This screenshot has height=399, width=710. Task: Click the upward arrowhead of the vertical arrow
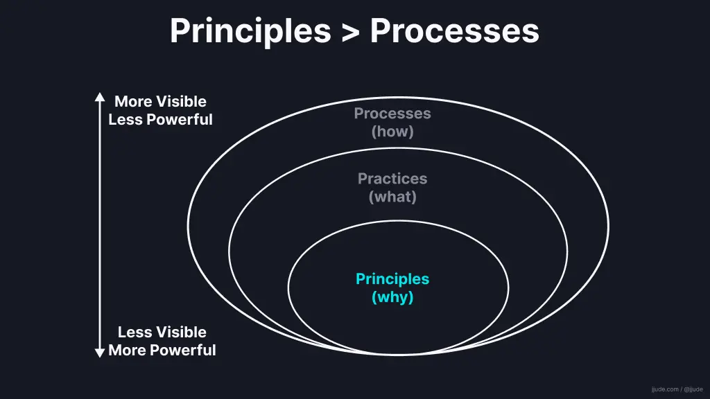pos(100,97)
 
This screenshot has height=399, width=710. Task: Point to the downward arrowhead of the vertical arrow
pos(100,353)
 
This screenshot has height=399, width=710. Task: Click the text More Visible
pos(160,102)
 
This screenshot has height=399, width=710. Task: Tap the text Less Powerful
pos(160,120)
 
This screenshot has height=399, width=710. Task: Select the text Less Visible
pos(162,332)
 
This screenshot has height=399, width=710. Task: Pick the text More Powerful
pos(162,351)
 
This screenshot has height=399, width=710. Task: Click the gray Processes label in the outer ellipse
pos(392,114)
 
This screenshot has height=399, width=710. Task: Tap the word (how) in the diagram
pos(392,132)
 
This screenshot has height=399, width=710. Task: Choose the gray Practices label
pos(392,179)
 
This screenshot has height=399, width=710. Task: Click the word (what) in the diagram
pos(392,197)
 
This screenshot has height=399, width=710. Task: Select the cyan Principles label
pos(392,279)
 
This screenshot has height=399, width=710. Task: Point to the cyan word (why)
pos(392,298)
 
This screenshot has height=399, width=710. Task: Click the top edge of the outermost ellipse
pos(398,98)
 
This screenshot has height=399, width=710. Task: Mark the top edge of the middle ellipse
pos(398,148)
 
